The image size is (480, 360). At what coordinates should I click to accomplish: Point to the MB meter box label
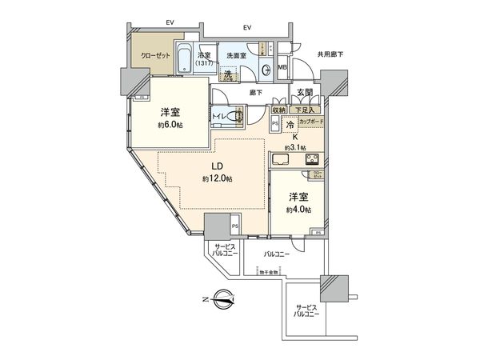coord(282,69)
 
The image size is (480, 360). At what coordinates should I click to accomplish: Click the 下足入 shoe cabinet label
coord(307,110)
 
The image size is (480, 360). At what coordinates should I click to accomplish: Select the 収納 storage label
coord(280,110)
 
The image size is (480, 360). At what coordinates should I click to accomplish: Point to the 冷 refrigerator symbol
coord(290,124)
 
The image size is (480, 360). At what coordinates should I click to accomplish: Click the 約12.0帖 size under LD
coord(216,178)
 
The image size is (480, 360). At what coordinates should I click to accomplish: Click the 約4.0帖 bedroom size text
coord(296,209)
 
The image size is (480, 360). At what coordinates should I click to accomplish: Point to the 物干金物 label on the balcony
coord(267,272)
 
